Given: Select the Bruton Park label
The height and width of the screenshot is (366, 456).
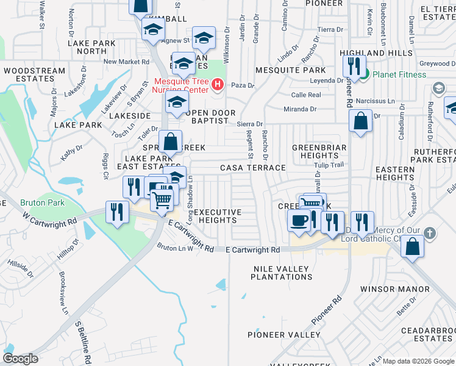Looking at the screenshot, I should [37, 202].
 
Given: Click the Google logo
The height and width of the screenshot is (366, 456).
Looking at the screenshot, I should [20, 359].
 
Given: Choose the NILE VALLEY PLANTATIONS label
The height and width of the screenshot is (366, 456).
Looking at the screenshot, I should [282, 273].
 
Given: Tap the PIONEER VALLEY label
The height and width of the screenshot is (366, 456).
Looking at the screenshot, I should [283, 335].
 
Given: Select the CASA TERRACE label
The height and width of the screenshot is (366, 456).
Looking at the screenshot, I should [253, 168].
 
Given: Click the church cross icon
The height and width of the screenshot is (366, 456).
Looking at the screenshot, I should [429, 233].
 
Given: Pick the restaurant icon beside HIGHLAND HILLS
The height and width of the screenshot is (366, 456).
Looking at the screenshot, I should [353, 65].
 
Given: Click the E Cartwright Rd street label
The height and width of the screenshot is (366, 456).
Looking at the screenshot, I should [252, 250].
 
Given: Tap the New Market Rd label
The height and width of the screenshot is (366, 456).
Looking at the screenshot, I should [126, 62].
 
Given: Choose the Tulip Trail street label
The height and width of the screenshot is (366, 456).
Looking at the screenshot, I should [329, 165].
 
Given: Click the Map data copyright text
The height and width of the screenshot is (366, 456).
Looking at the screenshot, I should [418, 361].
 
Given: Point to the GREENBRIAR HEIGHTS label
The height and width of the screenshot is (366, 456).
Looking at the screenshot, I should [319, 152].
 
